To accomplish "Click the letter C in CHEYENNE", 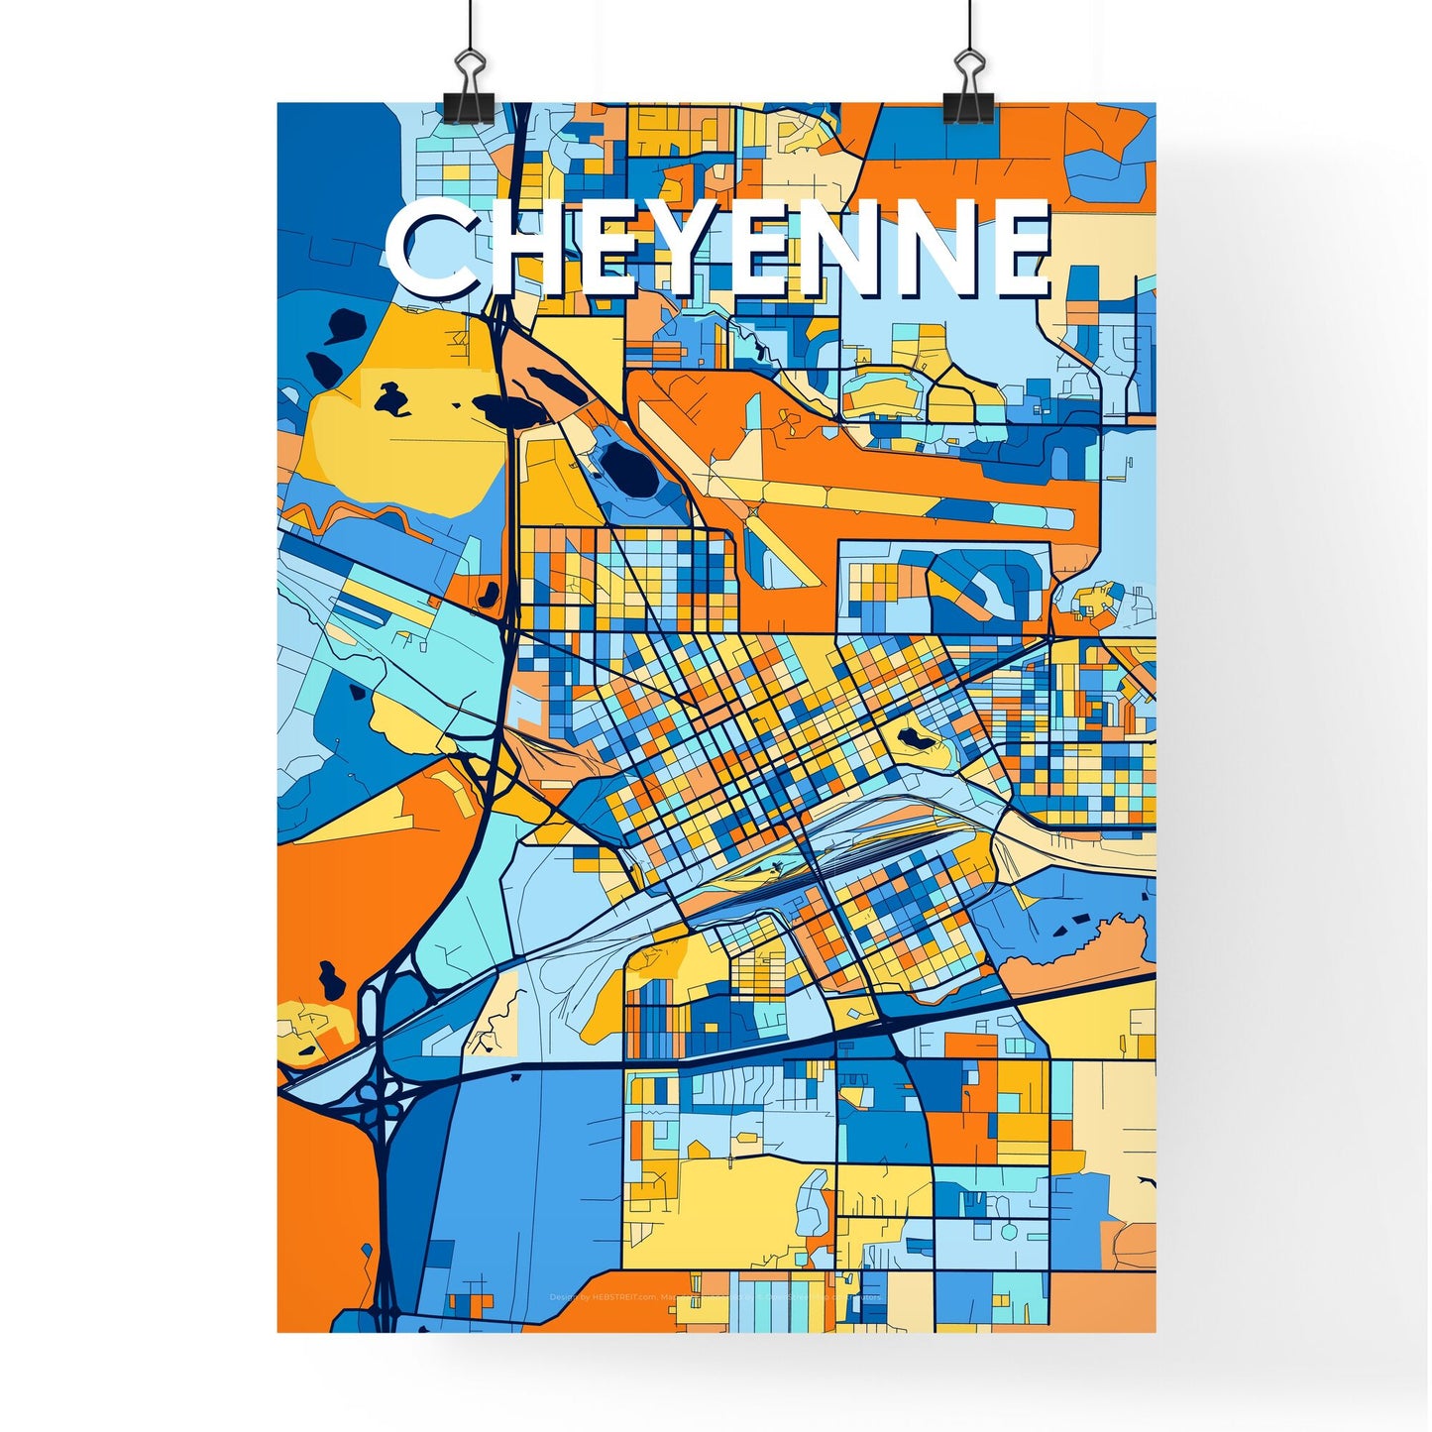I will point(428,249).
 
